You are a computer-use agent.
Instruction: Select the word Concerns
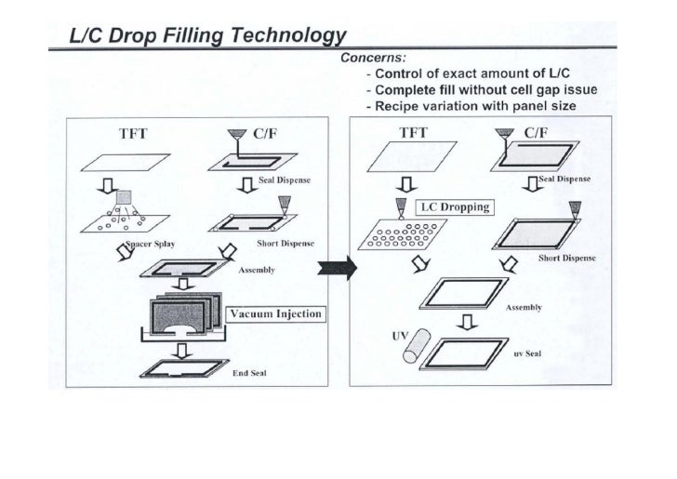(x=370, y=58)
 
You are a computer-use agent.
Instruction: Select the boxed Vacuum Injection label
(x=274, y=313)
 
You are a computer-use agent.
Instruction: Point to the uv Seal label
(x=526, y=353)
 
